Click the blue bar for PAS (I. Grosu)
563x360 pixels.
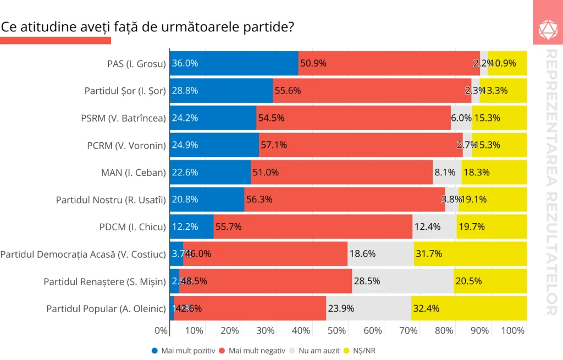234,63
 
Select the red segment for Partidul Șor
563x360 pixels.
372,91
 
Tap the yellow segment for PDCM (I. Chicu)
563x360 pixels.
492,226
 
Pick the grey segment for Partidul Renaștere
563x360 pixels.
403,281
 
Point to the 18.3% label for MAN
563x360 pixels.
476,172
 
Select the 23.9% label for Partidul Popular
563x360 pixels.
340,308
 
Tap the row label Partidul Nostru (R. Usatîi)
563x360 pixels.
111,200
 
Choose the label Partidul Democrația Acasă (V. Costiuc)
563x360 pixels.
83,254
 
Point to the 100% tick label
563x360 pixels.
514,331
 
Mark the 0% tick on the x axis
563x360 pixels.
161,331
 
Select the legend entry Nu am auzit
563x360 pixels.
318,351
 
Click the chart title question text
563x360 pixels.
147,26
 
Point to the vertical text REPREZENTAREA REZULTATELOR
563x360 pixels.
551,181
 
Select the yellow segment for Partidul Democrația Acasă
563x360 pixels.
470,254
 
